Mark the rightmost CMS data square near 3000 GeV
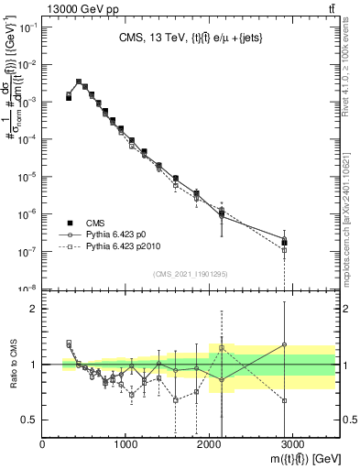285,243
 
